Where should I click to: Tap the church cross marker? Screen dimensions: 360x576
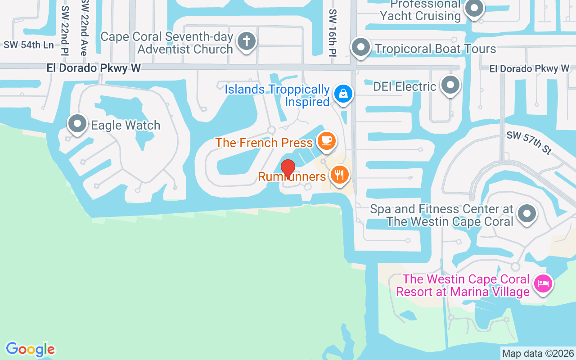[x=246, y=41]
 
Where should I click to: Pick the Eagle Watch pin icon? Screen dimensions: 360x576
[x=77, y=123]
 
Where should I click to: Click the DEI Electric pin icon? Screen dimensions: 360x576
[x=450, y=85]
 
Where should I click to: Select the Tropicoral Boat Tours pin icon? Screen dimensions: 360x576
[x=360, y=47]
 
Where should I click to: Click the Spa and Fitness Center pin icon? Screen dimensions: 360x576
[x=526, y=213]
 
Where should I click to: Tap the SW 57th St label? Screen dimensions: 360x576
[x=529, y=143]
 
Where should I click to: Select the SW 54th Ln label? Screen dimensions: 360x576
[x=29, y=45]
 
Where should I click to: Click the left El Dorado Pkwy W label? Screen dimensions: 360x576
[x=94, y=68]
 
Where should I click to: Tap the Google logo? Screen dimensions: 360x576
[x=31, y=350]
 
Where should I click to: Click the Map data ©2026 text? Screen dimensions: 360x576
[x=538, y=353]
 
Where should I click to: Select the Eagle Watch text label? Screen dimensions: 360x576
[x=126, y=125]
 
